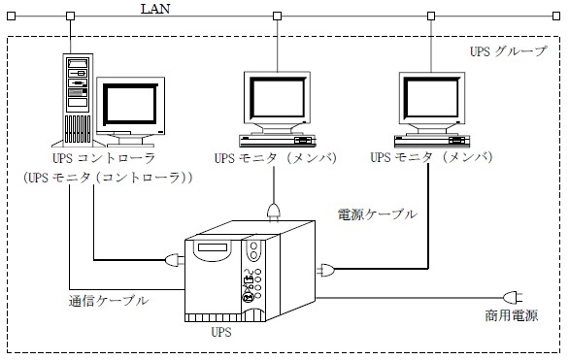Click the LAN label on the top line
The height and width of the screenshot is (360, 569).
[155, 9]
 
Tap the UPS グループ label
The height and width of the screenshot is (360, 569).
[509, 51]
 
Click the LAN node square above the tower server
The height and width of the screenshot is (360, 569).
[71, 16]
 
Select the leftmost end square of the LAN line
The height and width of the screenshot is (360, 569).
[12, 16]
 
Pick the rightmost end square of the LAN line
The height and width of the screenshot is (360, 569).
[556, 16]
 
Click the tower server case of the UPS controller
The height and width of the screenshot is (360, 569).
[78, 100]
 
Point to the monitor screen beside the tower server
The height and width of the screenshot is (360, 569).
[130, 105]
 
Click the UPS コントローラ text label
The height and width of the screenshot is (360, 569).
[104, 158]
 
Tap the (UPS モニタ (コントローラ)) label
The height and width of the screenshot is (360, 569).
[108, 178]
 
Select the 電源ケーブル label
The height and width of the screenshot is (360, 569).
[378, 214]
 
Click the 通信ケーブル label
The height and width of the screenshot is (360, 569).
[109, 301]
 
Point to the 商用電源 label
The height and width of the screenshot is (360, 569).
[512, 315]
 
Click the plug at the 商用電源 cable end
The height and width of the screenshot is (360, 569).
[513, 298]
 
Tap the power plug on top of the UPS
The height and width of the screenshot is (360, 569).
[274, 212]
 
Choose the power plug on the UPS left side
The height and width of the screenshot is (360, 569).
[175, 260]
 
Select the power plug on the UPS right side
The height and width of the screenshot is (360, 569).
[325, 270]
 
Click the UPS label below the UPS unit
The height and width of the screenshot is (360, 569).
[221, 332]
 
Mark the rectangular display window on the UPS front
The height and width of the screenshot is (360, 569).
[213, 248]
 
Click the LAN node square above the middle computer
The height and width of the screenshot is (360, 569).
[278, 16]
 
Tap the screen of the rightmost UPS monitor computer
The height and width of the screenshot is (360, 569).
[431, 98]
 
